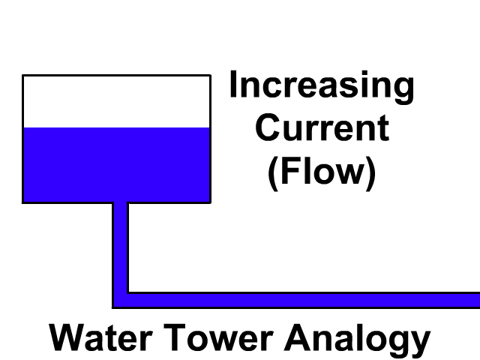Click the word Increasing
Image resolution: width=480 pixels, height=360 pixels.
pos(321,86)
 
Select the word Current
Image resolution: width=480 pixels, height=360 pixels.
pos(322,128)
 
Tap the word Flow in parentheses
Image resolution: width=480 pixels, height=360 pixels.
pos(322,172)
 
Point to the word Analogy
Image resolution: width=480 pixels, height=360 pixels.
pos(357,339)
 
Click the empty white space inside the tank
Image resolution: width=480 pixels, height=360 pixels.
pos(116,101)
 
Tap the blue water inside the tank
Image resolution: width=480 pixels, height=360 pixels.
pos(116,165)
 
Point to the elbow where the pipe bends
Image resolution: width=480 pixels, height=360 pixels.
pos(121,300)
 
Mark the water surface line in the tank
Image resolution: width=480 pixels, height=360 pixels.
pos(116,127)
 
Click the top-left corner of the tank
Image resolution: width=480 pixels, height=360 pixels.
pos(23,75)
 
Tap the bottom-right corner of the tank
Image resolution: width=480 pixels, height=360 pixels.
pos(209,202)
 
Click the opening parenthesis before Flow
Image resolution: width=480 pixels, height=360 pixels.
pos(273,173)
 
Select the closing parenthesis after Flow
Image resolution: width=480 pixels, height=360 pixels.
pos(370,173)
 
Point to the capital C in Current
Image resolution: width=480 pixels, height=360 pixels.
pos(267,128)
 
